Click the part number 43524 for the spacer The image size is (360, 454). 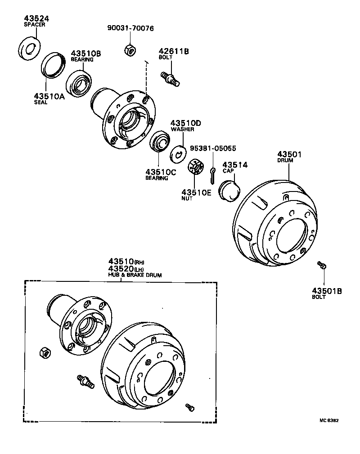(x=36, y=18)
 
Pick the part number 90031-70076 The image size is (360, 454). (x=130, y=28)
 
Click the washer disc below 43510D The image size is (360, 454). (x=178, y=153)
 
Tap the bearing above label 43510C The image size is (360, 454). (x=158, y=142)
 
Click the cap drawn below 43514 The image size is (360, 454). (x=229, y=189)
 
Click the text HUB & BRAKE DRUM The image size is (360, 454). (x=135, y=274)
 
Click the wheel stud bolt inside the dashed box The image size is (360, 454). (x=85, y=381)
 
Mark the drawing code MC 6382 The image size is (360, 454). (x=328, y=421)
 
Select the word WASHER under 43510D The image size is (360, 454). (x=182, y=129)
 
